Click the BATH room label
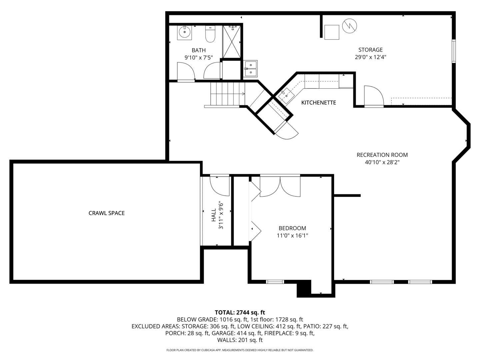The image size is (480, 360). coord(198,50)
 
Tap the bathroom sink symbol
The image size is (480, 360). coord(184,32)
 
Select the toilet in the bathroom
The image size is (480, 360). coord(210,34)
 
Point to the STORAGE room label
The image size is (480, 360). coord(370,50)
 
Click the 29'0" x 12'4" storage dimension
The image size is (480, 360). coord(370,57)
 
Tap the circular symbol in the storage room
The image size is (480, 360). coord(349,26)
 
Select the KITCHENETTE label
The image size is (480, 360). coord(318,103)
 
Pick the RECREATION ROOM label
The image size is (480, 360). coord(382,155)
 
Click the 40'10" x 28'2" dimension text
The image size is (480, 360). coord(382,162)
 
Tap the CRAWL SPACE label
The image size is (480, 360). coord(106,213)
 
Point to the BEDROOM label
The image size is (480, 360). coord(292,228)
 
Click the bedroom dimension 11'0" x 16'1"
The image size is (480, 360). coord(292,236)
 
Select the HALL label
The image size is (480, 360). coord(214,215)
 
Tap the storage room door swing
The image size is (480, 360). coord(373,96)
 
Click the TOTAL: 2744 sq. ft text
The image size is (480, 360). coord(240,312)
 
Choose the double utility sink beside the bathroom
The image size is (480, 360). coord(250,68)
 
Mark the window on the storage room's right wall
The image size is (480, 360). coord(453,51)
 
